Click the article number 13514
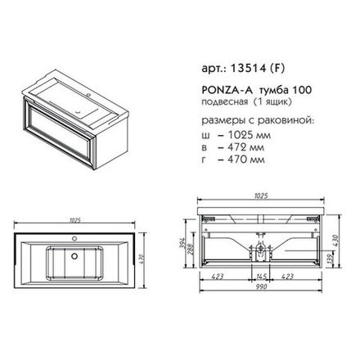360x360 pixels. tap(248, 68)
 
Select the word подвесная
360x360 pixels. tap(225, 102)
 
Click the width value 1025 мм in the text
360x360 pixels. tap(250, 135)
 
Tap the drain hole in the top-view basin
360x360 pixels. tap(74, 256)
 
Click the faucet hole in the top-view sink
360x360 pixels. tap(74, 239)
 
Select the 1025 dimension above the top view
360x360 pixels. tap(74, 220)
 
